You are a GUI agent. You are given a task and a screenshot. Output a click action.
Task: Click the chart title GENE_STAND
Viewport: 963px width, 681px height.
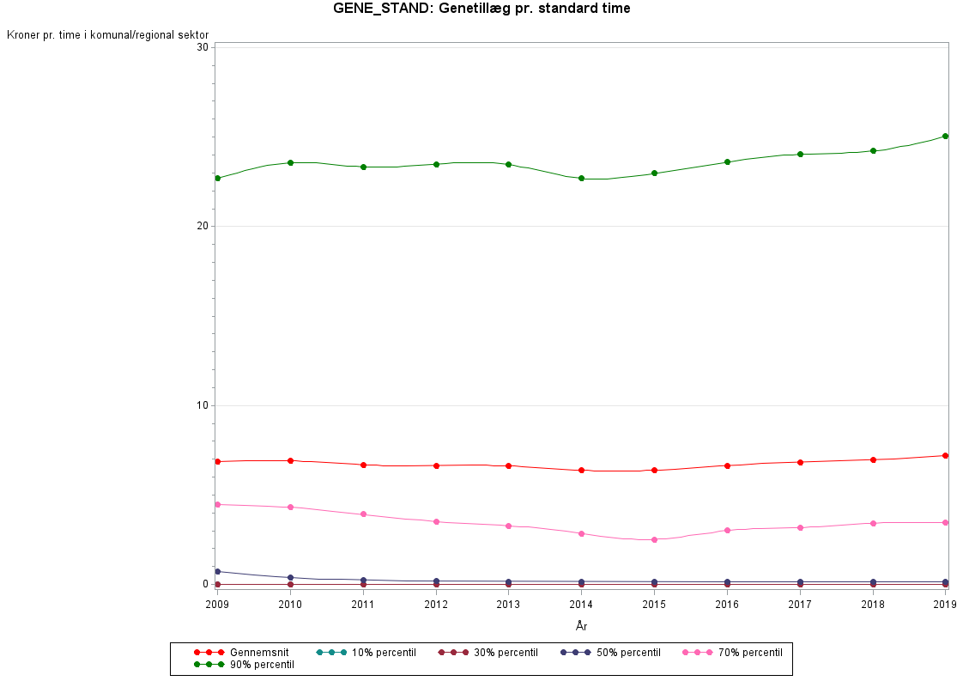coord(481,9)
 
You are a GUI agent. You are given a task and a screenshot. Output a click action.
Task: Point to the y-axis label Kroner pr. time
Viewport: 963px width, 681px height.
coord(107,34)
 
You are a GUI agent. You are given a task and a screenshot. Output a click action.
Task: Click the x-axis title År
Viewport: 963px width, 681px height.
coord(581,626)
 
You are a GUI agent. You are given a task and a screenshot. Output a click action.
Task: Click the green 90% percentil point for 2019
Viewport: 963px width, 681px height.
coord(945,136)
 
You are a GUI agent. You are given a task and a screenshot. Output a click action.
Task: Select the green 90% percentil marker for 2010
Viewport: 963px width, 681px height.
coord(290,162)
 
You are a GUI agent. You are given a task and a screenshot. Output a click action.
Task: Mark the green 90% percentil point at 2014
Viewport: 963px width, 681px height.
coord(581,179)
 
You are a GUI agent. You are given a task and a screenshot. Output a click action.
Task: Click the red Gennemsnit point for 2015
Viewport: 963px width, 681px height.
coord(654,470)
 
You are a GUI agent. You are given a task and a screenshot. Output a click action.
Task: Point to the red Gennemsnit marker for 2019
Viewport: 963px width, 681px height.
coord(945,455)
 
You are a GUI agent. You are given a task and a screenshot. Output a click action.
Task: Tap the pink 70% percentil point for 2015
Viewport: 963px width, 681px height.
coord(654,539)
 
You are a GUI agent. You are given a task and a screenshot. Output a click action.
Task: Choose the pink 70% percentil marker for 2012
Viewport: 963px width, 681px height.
coord(436,521)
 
